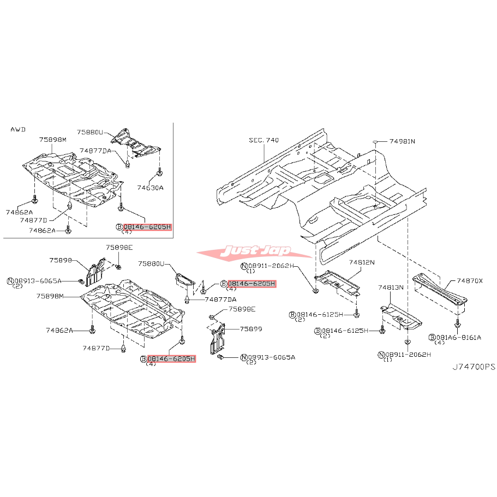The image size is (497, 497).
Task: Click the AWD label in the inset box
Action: pyautogui.click(x=18, y=129)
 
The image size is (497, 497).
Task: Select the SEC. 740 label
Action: pyautogui.click(x=264, y=140)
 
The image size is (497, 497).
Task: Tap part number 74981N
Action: pyautogui.click(x=402, y=141)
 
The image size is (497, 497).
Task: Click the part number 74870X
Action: pyautogui.click(x=470, y=281)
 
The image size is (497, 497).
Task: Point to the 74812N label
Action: pyautogui.click(x=362, y=262)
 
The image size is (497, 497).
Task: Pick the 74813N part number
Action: pyautogui.click(x=391, y=288)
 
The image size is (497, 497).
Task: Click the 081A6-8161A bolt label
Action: pyautogui.click(x=459, y=338)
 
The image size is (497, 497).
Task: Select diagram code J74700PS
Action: pyautogui.click(x=474, y=367)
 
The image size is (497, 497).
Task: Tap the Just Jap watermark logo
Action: pyautogui.click(x=255, y=252)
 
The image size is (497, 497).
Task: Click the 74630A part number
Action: pyautogui.click(x=150, y=188)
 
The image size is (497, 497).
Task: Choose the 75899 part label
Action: pyautogui.click(x=251, y=329)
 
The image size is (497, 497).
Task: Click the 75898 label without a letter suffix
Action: pyautogui.click(x=61, y=260)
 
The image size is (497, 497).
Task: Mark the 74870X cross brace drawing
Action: pyautogui.click(x=440, y=290)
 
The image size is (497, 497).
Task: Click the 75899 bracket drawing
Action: pyautogui.click(x=218, y=339)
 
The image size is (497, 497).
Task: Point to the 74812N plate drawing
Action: pyautogui.click(x=337, y=282)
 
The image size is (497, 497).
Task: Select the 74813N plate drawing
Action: pyautogui.click(x=402, y=316)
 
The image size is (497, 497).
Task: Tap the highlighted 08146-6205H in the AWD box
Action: pyautogui.click(x=147, y=227)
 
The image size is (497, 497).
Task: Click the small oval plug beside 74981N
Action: pyautogui.click(x=375, y=141)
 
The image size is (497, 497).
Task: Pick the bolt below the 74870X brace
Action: pyautogui.click(x=457, y=324)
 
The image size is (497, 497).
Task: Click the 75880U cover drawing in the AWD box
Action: pyautogui.click(x=135, y=143)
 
